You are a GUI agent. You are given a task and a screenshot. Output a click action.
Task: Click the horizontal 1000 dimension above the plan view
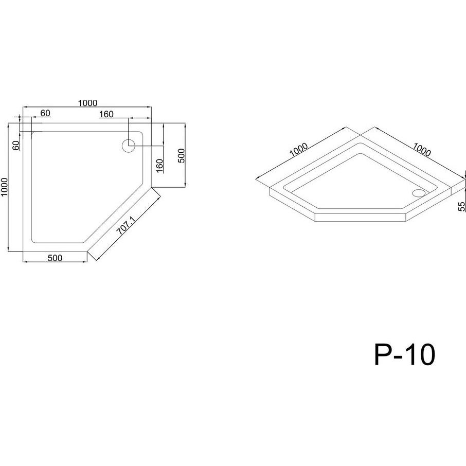pyautogui.click(x=87, y=103)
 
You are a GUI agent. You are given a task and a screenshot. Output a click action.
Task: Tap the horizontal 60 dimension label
pyautogui.click(x=45, y=113)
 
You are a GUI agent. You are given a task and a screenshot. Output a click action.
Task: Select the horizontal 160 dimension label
pyautogui.click(x=106, y=114)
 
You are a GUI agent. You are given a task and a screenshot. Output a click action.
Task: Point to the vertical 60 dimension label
pyautogui.click(x=16, y=145)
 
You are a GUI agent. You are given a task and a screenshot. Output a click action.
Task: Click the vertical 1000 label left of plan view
pyautogui.click(x=4, y=187)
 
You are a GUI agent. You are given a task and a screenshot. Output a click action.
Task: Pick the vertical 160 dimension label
pyautogui.click(x=159, y=166)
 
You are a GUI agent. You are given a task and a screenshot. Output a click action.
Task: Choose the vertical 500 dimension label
pyautogui.click(x=181, y=155)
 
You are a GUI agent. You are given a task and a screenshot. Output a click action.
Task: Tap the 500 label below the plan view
pyautogui.click(x=55, y=258)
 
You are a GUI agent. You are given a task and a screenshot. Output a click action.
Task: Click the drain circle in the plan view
pyautogui.click(x=129, y=146)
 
